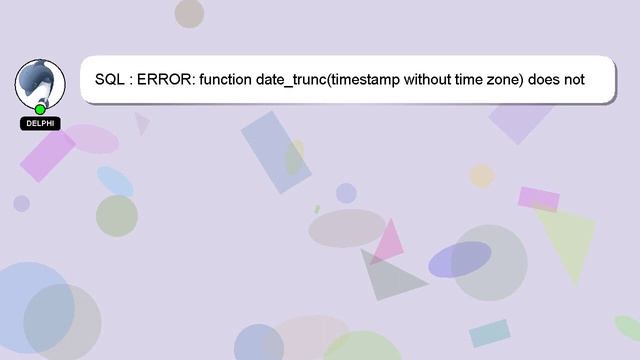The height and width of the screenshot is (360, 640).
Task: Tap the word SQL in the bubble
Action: (x=110, y=79)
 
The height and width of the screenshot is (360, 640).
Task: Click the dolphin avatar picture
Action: (x=40, y=83)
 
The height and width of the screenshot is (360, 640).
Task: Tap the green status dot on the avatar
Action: (x=40, y=109)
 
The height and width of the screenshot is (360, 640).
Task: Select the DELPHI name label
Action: (x=40, y=123)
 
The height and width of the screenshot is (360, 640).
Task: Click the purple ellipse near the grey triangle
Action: (x=460, y=259)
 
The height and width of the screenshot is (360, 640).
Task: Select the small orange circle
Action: (x=482, y=176)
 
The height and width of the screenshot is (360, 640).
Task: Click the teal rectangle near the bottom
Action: (x=490, y=333)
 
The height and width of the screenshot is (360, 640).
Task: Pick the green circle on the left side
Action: (x=117, y=215)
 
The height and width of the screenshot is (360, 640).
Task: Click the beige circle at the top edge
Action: (x=189, y=13)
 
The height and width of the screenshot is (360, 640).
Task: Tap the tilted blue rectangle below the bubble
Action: (x=276, y=151)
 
